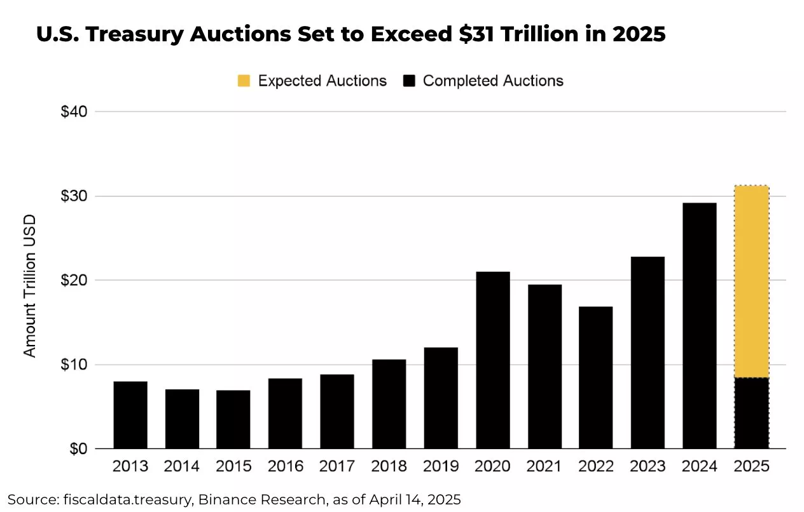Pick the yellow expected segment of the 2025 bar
click(752, 281)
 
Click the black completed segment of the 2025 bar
click(752, 413)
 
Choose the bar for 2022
click(596, 377)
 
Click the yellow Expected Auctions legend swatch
click(244, 81)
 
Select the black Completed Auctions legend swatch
click(409, 81)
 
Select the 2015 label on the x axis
click(233, 466)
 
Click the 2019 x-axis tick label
click(441, 466)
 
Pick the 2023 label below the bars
click(648, 466)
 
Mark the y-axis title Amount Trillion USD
click(30, 285)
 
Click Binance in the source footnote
click(221, 499)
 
